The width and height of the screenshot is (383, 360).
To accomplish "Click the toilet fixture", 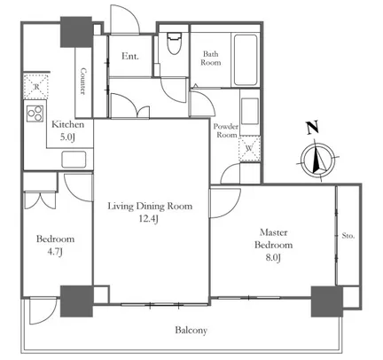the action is pyautogui.click(x=174, y=43).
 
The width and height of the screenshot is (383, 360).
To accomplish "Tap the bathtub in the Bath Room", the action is pyautogui.click(x=246, y=60).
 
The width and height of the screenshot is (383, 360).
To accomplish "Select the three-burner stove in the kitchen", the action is pyautogui.click(x=35, y=113).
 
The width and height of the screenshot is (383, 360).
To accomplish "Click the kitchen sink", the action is pyautogui.click(x=74, y=160).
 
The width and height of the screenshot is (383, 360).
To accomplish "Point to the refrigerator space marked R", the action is pyautogui.click(x=35, y=86).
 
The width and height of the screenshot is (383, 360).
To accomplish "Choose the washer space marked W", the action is pyautogui.click(x=250, y=148).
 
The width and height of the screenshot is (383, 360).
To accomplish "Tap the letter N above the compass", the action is pyautogui.click(x=312, y=128).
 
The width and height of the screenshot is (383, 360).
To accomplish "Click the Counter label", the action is pyautogui.click(x=83, y=82).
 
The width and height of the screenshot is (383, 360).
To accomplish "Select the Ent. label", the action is pyautogui.click(x=130, y=56).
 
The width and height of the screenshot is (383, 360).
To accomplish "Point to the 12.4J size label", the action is pyautogui.click(x=149, y=219).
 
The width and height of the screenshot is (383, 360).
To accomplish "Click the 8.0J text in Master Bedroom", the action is pyautogui.click(x=273, y=258).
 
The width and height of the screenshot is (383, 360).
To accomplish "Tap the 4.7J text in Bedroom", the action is pyautogui.click(x=55, y=252).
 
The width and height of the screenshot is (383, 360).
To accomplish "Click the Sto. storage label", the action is pyautogui.click(x=348, y=236).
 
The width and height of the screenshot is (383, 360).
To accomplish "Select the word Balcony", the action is pyautogui.click(x=191, y=330).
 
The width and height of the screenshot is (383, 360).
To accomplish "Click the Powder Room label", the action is pyautogui.click(x=226, y=130).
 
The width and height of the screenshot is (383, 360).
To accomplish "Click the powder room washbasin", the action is pyautogui.click(x=250, y=111).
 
